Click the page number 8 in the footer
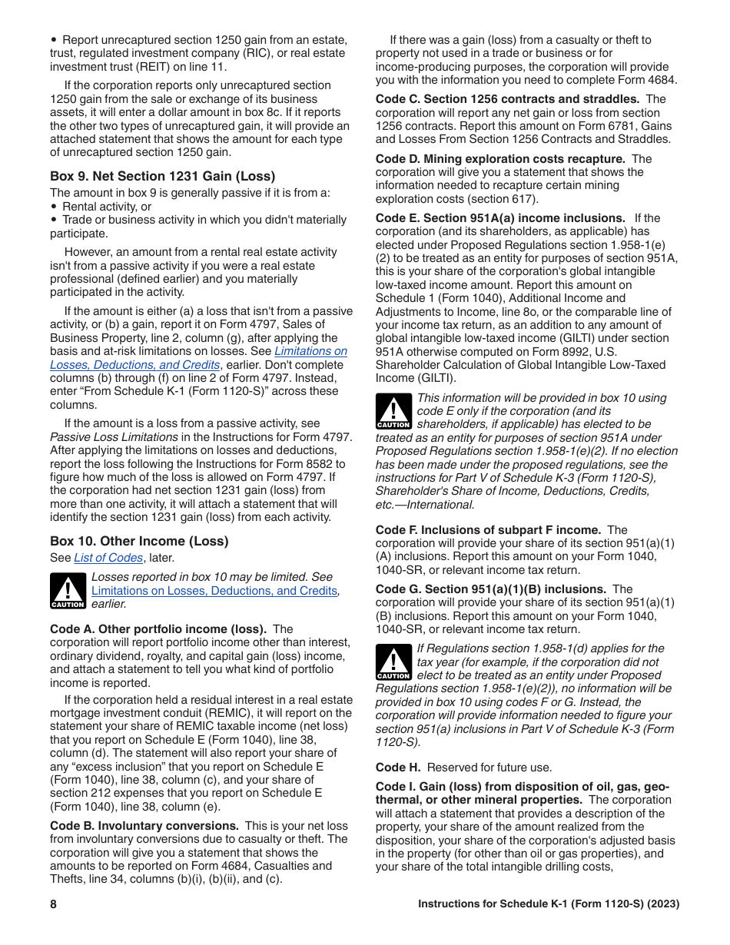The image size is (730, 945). click(x=54, y=904)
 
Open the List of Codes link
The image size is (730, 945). click(x=108, y=558)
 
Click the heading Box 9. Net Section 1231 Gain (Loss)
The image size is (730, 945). click(x=162, y=176)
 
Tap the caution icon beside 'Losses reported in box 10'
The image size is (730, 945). click(x=68, y=591)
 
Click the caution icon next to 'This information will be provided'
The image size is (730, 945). click(x=393, y=412)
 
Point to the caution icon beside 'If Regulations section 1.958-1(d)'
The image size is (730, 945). click(x=393, y=662)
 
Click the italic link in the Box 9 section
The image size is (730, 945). click(x=198, y=358)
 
